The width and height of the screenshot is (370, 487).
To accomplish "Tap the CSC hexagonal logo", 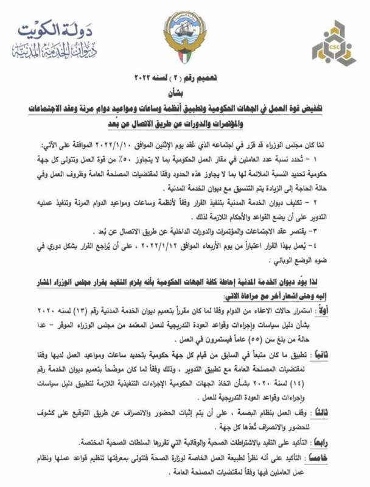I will coord(333,43).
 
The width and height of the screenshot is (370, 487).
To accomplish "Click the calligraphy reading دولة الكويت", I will coord(55,31).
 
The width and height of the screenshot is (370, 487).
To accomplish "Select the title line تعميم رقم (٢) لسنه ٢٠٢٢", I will coord(186,79).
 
